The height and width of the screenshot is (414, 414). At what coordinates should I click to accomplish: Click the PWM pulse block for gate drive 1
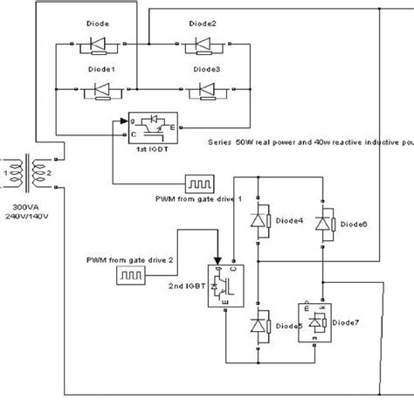click(196, 183)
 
